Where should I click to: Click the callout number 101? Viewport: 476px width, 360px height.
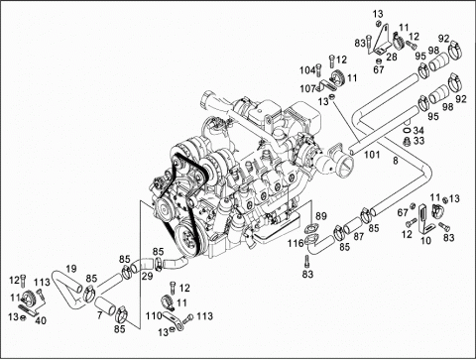point(372,155)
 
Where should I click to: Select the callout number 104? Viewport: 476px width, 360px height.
point(307,70)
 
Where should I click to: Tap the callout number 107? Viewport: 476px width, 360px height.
point(307,88)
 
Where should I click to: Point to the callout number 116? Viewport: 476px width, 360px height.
point(296,243)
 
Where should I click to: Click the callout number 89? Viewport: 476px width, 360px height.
point(321,216)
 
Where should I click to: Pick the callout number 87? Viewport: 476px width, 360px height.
point(359,236)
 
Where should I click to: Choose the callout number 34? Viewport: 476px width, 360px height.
point(418,130)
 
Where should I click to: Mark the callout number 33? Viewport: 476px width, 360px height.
point(418,141)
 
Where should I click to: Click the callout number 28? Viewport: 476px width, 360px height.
point(392,57)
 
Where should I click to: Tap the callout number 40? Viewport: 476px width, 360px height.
point(41,320)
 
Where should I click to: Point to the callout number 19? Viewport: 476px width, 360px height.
point(70,269)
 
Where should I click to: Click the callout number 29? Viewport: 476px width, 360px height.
point(148,276)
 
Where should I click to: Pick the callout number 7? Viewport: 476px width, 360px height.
point(100,315)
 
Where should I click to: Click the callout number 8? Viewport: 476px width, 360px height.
point(396,161)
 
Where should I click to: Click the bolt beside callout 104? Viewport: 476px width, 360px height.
point(319,69)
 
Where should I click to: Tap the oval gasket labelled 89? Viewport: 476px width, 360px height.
point(310,228)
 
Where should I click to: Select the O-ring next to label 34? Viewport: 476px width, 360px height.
point(408,130)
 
